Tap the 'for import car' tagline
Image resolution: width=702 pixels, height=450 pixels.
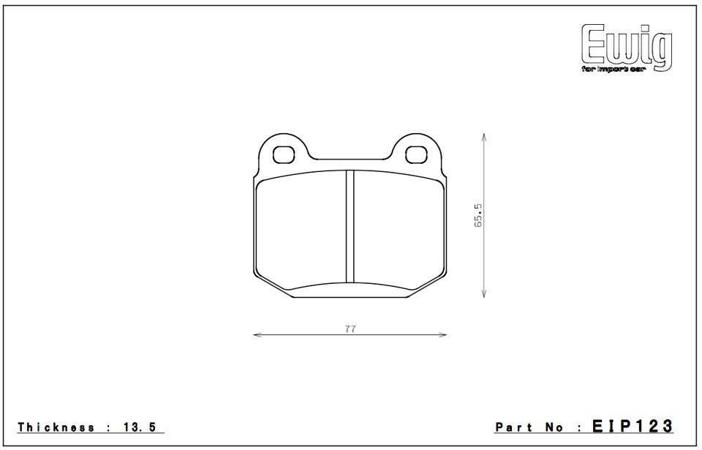612,69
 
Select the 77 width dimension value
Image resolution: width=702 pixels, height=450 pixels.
350,329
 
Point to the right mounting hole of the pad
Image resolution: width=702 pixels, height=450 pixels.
415,154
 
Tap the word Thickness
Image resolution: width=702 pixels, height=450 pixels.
56,427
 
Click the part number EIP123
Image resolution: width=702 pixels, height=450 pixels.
632,427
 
